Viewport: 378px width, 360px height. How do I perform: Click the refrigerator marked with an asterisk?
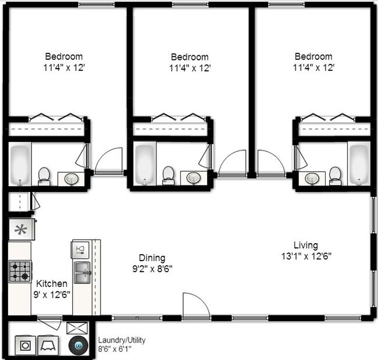coord(21,229)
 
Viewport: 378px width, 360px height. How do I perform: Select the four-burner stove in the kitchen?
coord(20,271)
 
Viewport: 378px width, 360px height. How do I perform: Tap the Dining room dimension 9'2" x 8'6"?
coord(151,268)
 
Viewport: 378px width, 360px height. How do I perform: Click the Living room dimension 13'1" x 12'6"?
coord(306,255)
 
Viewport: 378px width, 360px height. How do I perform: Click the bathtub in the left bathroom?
coord(20,162)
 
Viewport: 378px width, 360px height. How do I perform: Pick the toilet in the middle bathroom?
coord(169,173)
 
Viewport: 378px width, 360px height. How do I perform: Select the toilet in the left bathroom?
coord(44,174)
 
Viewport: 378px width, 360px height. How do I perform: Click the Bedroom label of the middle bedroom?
coord(189,57)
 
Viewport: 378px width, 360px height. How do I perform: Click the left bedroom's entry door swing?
coord(108,161)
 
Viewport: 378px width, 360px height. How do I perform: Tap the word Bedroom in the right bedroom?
coord(313,56)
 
